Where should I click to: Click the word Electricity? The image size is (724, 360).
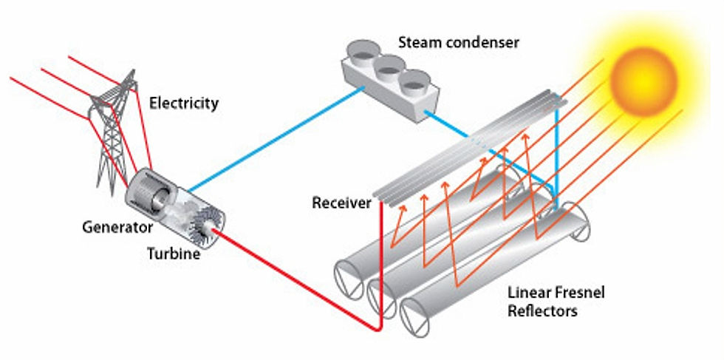[x=184, y=103]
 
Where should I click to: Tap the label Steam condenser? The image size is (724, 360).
[x=459, y=43]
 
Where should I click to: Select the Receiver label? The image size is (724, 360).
[x=341, y=203]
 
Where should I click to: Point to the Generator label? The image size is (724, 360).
[x=117, y=228]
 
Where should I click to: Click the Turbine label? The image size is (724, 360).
[x=174, y=254]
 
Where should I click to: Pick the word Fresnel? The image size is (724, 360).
[x=579, y=293]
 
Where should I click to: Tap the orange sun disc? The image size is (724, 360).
[x=643, y=81]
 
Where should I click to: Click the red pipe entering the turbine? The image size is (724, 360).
[x=296, y=279]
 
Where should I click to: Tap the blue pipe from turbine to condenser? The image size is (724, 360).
[x=276, y=139]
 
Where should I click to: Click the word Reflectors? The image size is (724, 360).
[x=542, y=310]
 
